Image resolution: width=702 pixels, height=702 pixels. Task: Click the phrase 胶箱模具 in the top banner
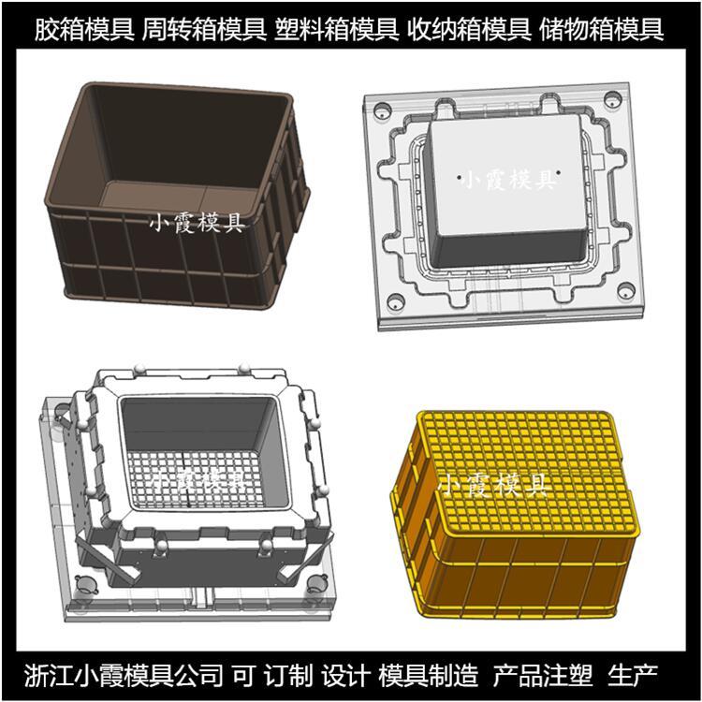point(84,30)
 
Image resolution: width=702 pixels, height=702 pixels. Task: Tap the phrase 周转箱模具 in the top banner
point(204,30)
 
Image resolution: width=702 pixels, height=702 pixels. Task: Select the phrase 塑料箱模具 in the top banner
point(336,30)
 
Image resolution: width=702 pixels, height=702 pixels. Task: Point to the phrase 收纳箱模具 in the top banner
point(468,30)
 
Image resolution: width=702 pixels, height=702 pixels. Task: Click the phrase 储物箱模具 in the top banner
point(601,30)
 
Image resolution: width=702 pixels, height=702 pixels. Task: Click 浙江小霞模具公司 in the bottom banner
point(124,675)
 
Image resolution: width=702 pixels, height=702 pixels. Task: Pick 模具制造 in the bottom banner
point(428,675)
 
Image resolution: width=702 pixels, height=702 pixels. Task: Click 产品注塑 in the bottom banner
point(543,675)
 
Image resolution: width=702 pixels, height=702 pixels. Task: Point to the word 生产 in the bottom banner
point(633,675)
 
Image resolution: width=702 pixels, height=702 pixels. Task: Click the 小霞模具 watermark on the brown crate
point(197,222)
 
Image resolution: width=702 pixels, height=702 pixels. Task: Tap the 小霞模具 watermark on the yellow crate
point(492,485)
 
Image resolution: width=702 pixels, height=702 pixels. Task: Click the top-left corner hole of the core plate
point(382,110)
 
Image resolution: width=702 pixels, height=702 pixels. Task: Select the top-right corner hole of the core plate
point(612,99)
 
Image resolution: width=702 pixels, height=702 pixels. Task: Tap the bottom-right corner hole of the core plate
point(626,290)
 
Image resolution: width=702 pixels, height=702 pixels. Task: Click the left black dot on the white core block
point(460,177)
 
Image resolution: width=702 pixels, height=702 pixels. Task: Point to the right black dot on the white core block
point(559,171)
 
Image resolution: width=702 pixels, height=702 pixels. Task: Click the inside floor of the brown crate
point(179,197)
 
